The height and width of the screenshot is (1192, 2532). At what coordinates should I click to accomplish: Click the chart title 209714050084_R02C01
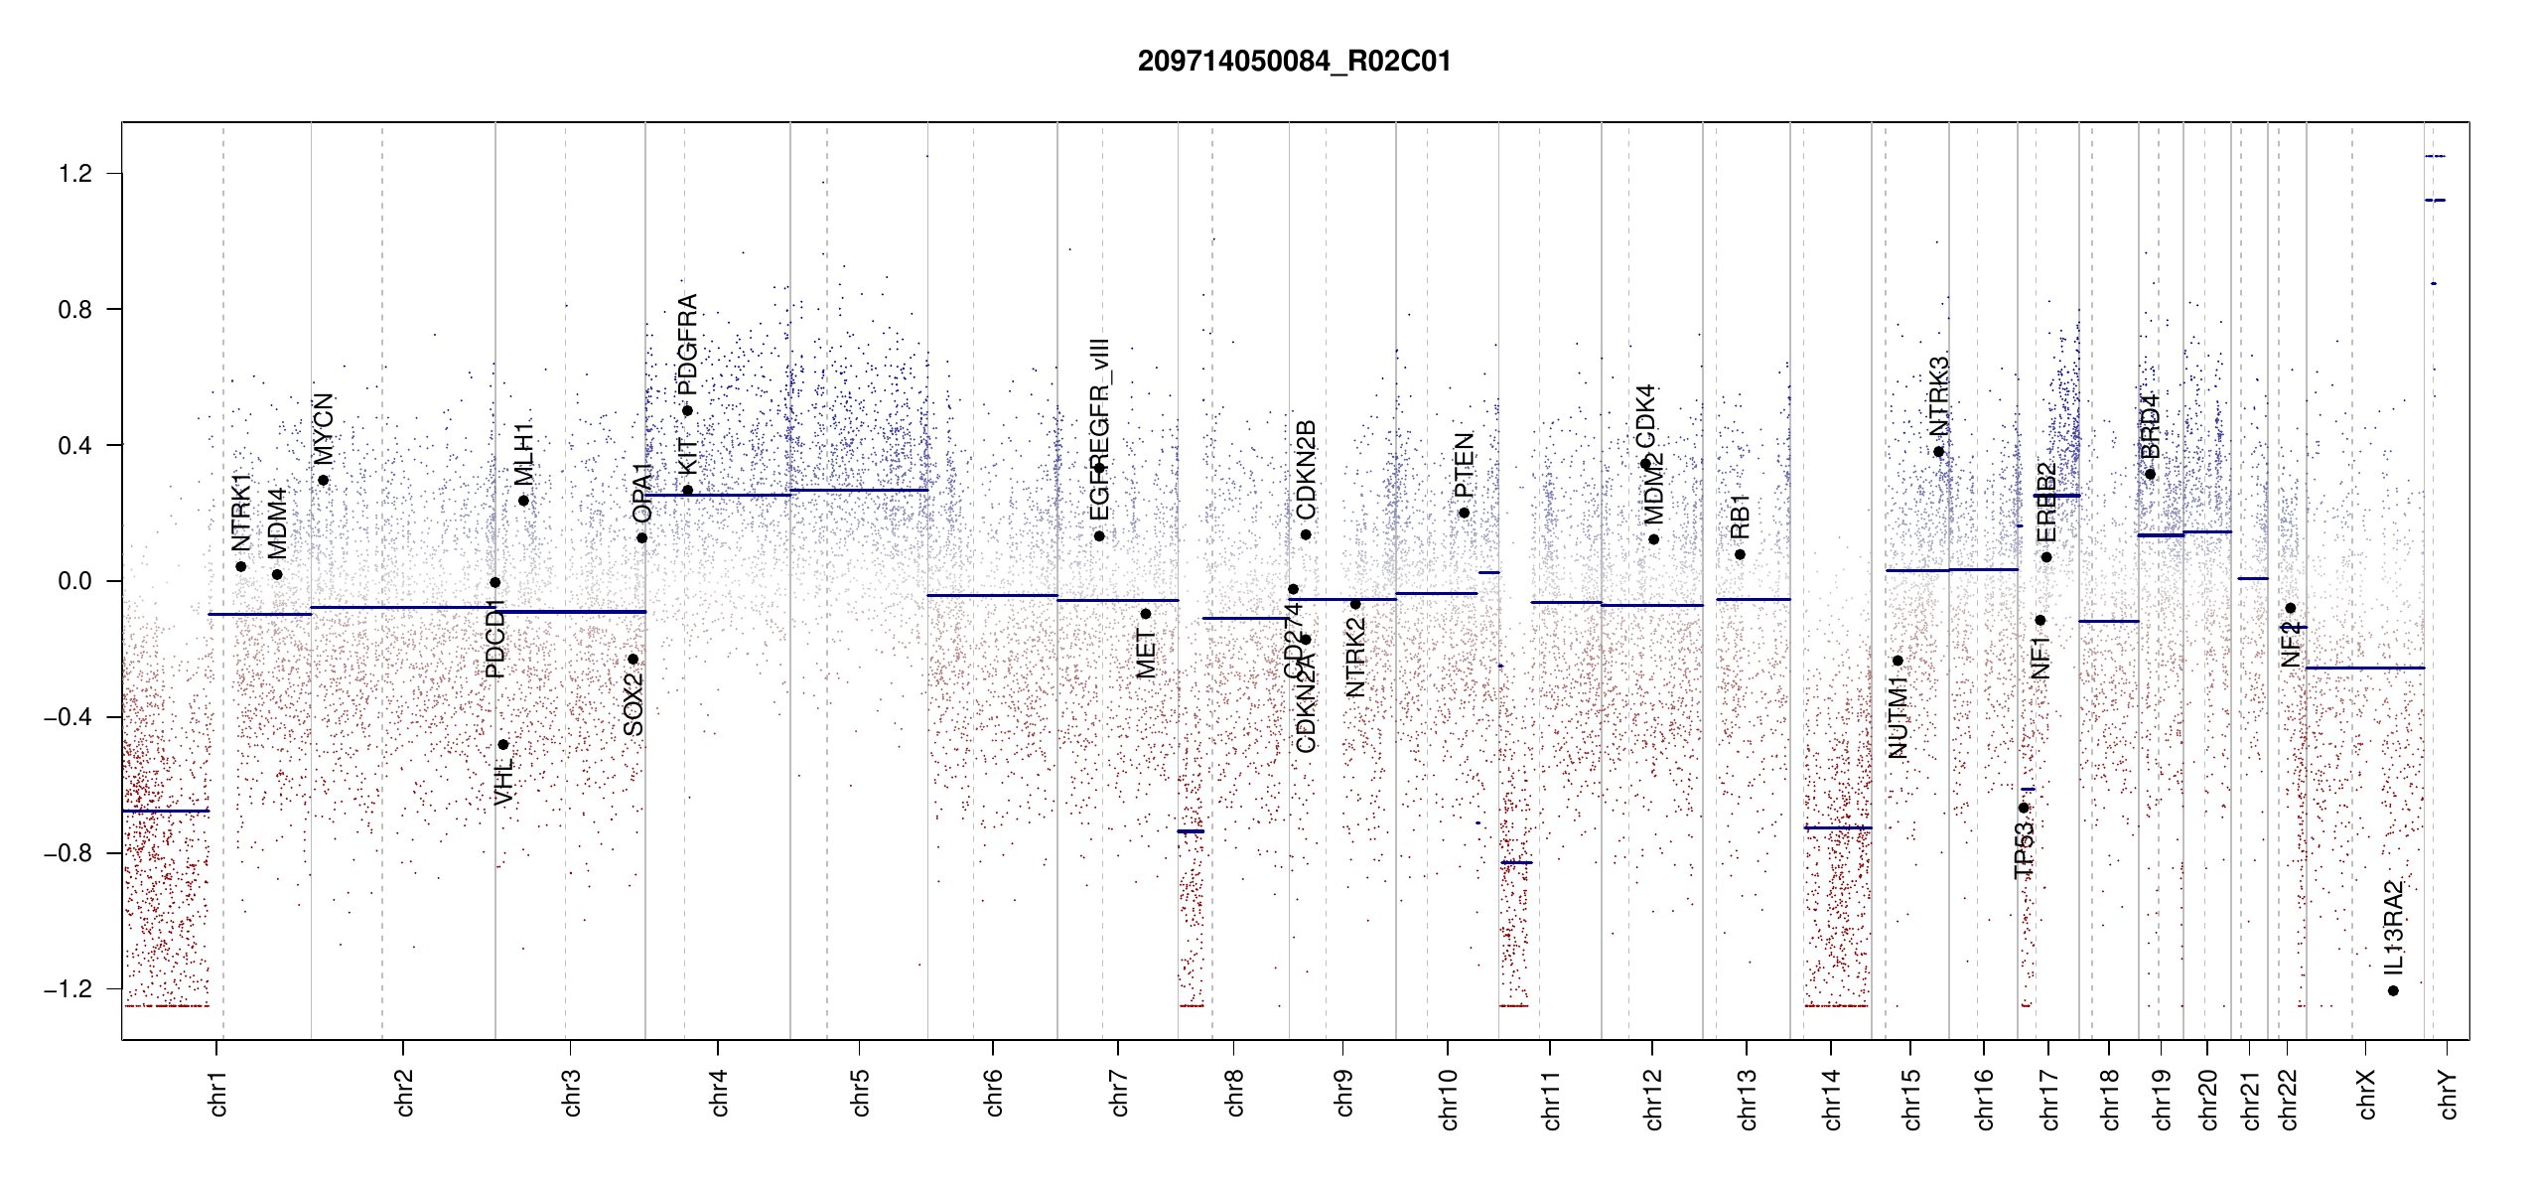click(x=1294, y=62)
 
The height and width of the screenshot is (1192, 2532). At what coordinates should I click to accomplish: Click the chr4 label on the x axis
click(x=719, y=1093)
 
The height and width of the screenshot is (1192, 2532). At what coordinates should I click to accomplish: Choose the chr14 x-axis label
click(x=1832, y=1099)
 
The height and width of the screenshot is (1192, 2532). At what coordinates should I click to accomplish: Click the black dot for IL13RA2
click(x=2393, y=990)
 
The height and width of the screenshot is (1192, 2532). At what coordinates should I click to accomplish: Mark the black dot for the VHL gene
click(x=503, y=744)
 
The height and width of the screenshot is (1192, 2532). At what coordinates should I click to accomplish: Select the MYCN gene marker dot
click(x=323, y=480)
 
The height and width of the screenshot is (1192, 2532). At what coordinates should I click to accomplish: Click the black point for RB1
click(x=1740, y=554)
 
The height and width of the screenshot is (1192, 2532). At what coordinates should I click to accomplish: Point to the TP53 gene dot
click(x=2024, y=808)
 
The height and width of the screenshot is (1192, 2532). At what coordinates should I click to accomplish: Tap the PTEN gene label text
click(x=1464, y=465)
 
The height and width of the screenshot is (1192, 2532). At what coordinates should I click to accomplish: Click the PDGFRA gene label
click(x=687, y=344)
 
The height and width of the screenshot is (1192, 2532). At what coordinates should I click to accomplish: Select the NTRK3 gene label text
click(x=1938, y=396)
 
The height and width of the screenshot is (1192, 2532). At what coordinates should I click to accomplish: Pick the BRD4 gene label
click(x=2150, y=426)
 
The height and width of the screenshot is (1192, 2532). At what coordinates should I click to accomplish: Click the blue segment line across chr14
click(x=1837, y=827)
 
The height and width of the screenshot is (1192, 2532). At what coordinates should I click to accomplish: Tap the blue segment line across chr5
click(x=859, y=490)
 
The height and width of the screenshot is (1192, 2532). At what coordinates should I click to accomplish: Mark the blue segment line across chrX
click(x=2364, y=668)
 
